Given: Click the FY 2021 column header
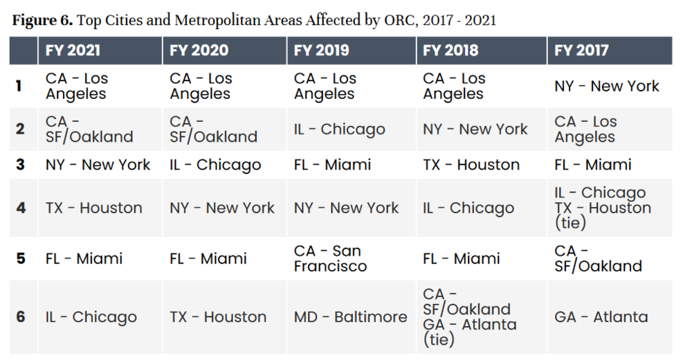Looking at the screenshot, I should (73, 51).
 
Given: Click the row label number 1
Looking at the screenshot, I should (20, 87).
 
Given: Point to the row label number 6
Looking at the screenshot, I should (20, 317).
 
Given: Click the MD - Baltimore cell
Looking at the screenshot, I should (350, 317).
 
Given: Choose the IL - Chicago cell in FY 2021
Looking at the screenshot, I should (91, 317).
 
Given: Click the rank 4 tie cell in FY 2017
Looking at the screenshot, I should (602, 208).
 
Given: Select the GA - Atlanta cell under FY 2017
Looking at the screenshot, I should (601, 317).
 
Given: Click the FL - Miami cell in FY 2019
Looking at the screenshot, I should (332, 165).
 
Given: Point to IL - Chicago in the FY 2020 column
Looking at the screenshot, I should (215, 165).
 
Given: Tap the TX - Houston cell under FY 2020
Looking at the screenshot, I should (218, 317).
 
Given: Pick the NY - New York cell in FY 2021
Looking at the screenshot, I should (98, 165).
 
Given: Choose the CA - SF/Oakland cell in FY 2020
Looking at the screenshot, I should (213, 129).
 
